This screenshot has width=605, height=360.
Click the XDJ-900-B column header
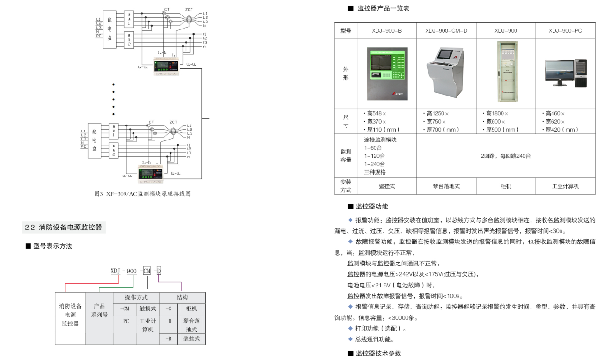(386, 31)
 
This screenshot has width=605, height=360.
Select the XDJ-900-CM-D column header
(446, 31)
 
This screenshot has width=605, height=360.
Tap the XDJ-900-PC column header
(565, 31)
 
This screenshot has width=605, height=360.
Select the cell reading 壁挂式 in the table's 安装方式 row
(386, 186)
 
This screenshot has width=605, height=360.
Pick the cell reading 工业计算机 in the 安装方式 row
(565, 186)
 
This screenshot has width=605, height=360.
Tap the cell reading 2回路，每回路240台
(506, 156)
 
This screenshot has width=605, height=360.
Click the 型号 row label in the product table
(345, 31)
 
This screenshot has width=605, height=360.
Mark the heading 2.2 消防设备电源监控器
(64, 228)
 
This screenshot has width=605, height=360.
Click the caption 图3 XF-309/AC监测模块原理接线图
(142, 194)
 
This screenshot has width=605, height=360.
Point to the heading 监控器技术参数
(378, 353)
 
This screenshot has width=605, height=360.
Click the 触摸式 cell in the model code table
(148, 309)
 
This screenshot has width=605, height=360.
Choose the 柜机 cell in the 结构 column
(191, 309)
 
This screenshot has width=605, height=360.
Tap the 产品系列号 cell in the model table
(99, 310)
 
